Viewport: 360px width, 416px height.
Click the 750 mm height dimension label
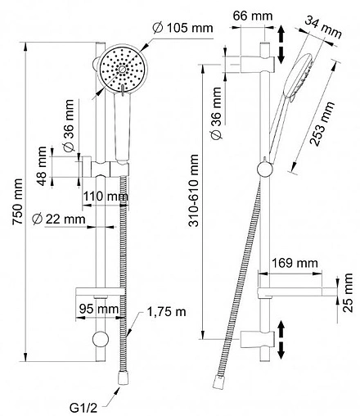point(18,201)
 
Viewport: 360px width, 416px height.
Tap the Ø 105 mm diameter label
point(183,28)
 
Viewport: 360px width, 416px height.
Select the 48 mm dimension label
point(42,166)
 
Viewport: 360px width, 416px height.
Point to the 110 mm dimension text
point(106,197)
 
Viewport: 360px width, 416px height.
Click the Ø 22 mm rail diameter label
point(59,219)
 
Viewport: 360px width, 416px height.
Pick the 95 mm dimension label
point(99,309)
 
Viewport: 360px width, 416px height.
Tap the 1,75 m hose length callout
point(167,311)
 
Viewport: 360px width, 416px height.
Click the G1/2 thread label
point(83,408)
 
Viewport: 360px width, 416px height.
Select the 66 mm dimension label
point(253,16)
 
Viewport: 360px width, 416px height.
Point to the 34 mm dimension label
point(323,27)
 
